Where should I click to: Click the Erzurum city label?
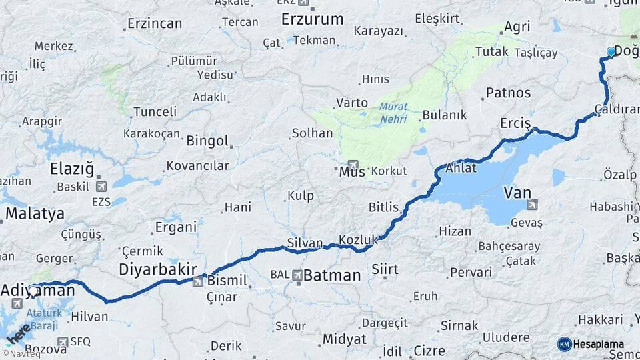click(312, 19)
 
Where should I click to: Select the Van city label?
click(517, 193)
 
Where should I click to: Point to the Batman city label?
click(332, 275)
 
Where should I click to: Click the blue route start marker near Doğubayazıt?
click(611, 51)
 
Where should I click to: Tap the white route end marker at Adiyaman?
click(33, 291)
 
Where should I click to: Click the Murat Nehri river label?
click(393, 113)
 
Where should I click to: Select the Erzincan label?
click(154, 24)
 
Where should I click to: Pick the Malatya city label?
click(35, 214)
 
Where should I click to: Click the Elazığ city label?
click(72, 169)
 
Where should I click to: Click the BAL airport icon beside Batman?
click(297, 275)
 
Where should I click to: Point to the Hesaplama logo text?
click(599, 344)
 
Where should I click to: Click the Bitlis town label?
click(383, 207)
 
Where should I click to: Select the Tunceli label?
click(155, 111)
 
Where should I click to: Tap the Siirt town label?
click(385, 269)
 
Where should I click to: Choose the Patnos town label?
click(508, 93)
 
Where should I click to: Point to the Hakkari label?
click(600, 320)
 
